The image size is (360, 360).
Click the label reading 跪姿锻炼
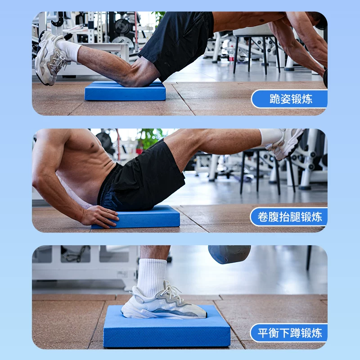[x=291, y=99]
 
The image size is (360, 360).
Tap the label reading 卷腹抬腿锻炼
[x=290, y=217]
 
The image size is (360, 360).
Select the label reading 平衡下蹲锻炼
[x=290, y=333]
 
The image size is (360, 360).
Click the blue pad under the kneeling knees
[x=125, y=91]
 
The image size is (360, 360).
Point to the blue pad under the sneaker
[x=167, y=327]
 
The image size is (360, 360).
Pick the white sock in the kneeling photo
[x=68, y=50]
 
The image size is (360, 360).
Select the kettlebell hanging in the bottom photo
[x=229, y=254]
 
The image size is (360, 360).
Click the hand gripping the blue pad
[x=99, y=216]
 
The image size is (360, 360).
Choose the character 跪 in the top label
[x=275, y=99]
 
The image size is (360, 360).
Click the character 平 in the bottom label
[x=263, y=333]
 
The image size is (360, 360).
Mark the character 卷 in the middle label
[x=263, y=217]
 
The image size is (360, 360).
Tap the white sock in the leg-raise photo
[x=271, y=137]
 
